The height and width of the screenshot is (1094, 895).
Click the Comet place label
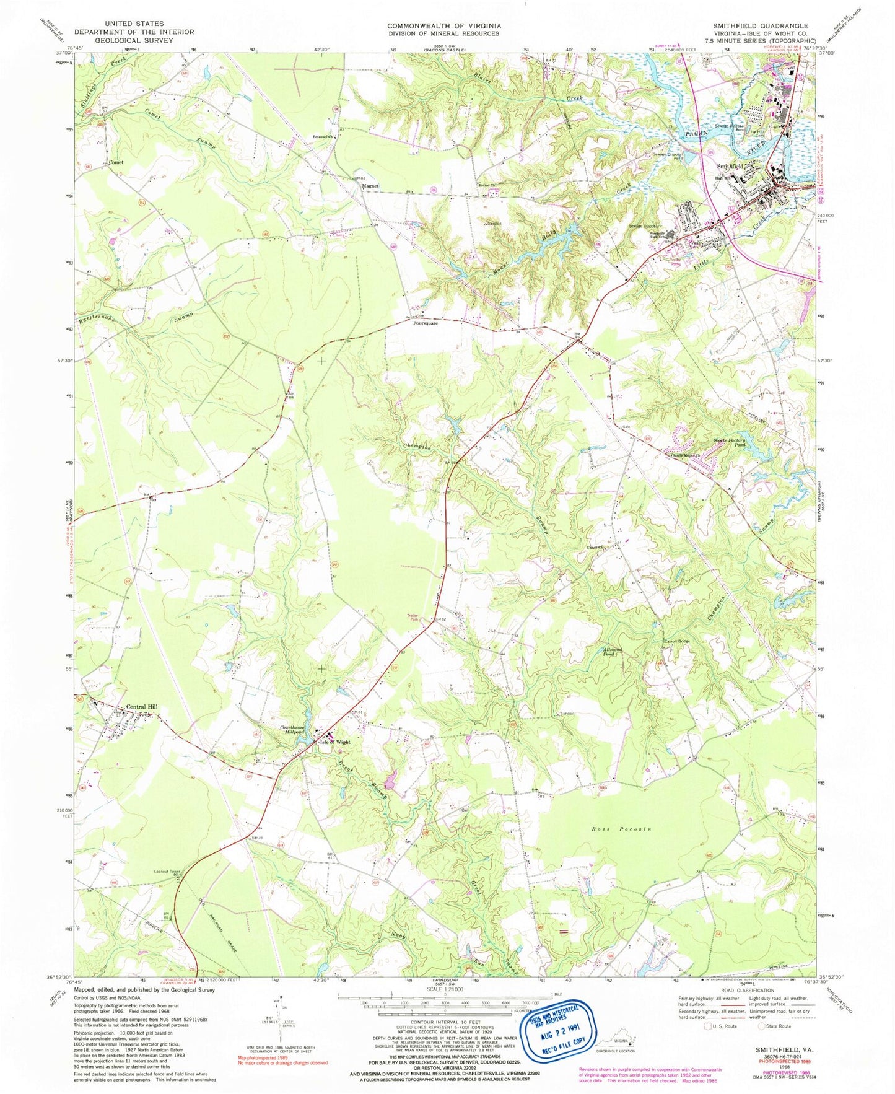[x=116, y=162]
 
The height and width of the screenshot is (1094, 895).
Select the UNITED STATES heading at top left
[x=134, y=24]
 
